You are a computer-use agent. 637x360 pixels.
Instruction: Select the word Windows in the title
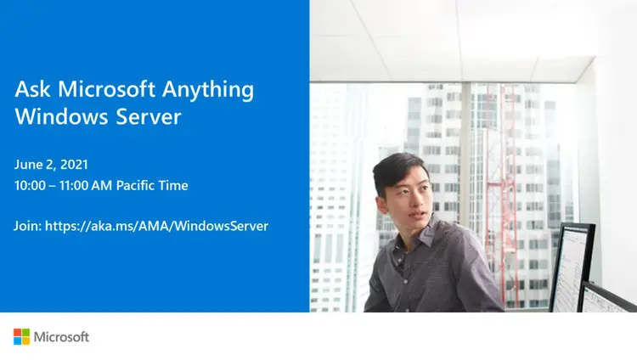[55, 116]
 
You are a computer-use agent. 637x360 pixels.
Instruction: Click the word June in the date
[29, 164]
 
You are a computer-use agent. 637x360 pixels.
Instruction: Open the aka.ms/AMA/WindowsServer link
[157, 226]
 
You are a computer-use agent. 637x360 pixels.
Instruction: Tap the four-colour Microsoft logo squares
[21, 337]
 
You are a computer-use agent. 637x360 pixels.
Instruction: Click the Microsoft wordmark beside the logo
[61, 337]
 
